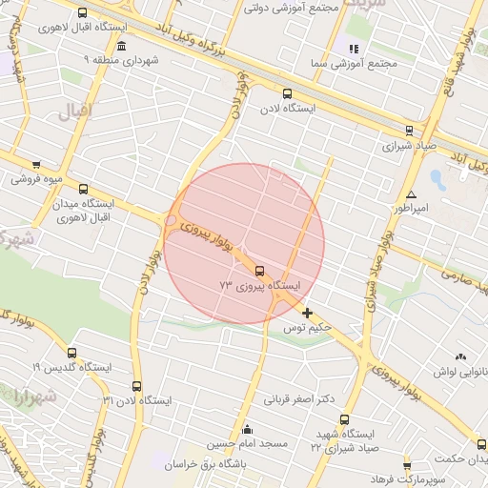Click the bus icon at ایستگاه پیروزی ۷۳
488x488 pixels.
tap(260, 271)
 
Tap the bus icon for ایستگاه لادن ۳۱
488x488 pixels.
tap(136, 386)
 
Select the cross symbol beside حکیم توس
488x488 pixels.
tap(307, 313)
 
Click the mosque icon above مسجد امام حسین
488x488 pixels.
tap(248, 429)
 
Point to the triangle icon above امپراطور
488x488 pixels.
tap(411, 193)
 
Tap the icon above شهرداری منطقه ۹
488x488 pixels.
tap(120, 46)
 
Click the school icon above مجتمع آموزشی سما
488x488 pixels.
tap(354, 49)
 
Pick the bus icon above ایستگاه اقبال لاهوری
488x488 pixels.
tap(82, 13)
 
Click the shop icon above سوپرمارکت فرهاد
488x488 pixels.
tap(407, 466)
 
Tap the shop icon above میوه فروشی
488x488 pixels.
tap(36, 165)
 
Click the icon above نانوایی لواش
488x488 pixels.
tap(461, 356)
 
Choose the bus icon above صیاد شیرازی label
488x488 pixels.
tap(409, 132)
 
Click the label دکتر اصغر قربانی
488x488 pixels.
tap(299, 398)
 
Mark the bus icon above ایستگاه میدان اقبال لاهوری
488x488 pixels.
tap(82, 189)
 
